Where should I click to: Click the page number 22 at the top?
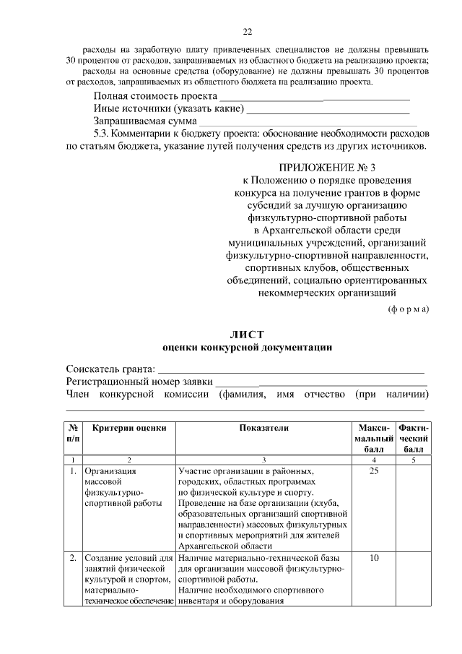coord(247,31)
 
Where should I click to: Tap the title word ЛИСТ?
coord(247,334)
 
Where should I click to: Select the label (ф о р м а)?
coord(409,309)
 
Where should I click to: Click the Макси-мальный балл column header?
coord(373,439)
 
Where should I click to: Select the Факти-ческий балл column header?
coord(414,439)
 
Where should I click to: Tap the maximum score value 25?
coord(373,472)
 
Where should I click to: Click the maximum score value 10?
coord(373,559)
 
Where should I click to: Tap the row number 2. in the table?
coord(73,559)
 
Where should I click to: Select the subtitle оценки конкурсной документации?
coord(247,347)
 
